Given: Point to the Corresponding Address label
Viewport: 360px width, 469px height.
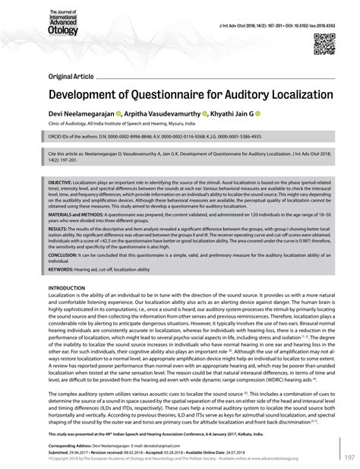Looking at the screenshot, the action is click(74, 444).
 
